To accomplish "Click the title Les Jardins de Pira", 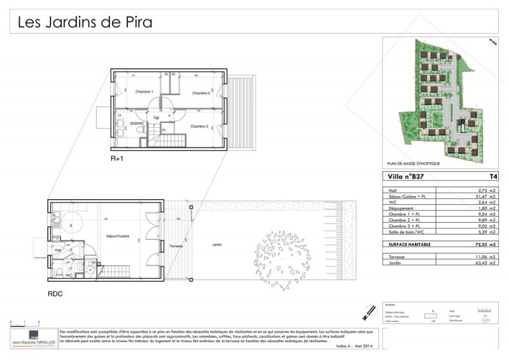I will [85, 23].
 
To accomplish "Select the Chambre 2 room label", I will [200, 93].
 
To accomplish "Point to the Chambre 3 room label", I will [199, 126].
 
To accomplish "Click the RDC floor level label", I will [55, 294].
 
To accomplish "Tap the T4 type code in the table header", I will [492, 177].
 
